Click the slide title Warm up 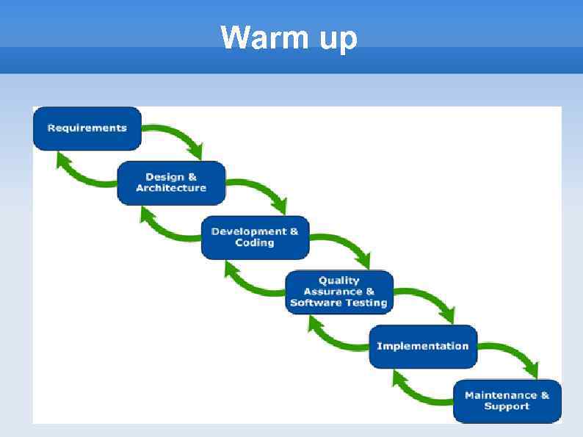click(289, 37)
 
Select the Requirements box click(87, 128)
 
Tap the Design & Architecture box click(171, 182)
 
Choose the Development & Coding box click(255, 236)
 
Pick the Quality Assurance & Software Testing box click(338, 292)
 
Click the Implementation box click(422, 346)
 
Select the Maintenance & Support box click(507, 401)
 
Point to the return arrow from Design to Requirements click(81, 172)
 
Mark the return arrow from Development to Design click(164, 227)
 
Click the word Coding click(254, 243)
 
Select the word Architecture click(171, 189)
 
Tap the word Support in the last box click(507, 407)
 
